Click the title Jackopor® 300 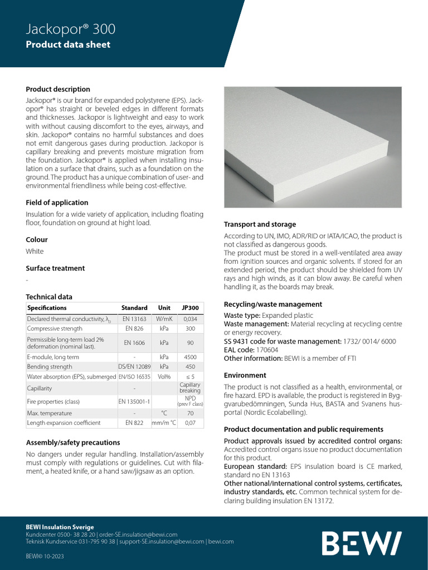[x=71, y=29]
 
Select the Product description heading [x=58, y=89]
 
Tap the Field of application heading [x=57, y=203]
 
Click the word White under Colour [x=35, y=251]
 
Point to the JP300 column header [x=191, y=308]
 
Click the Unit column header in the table [x=164, y=308]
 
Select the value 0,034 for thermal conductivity [x=191, y=319]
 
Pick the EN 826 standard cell [x=134, y=329]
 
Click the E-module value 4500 [x=191, y=357]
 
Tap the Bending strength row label [x=50, y=367]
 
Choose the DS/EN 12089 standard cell [x=134, y=367]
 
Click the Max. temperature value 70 [x=191, y=413]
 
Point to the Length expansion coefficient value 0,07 [x=191, y=423]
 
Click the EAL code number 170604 [x=267, y=350]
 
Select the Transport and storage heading [x=260, y=224]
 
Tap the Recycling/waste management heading [x=273, y=304]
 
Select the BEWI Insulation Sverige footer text [x=60, y=527]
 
